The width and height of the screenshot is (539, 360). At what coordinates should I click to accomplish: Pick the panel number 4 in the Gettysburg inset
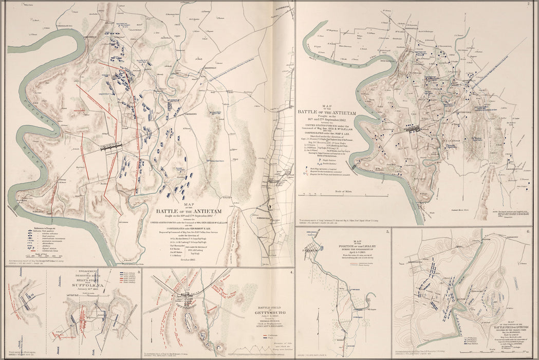click(292, 272)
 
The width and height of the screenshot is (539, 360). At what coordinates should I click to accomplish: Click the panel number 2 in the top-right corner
click(528, 5)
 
